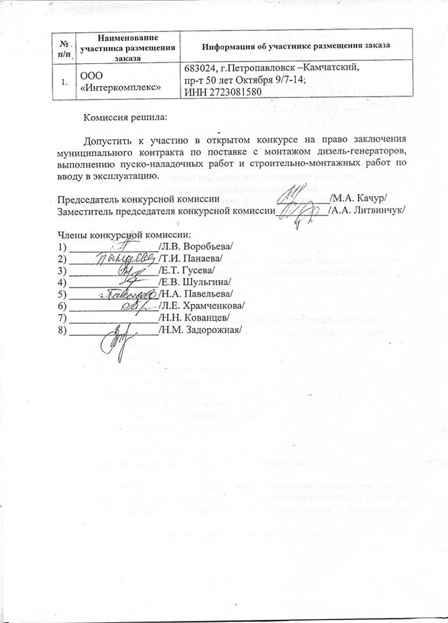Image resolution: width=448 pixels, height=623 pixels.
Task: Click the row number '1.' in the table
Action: coord(65,82)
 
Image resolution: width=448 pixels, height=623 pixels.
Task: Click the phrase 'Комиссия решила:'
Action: coord(125,117)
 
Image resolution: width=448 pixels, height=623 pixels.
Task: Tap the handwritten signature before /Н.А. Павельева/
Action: coord(128,293)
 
